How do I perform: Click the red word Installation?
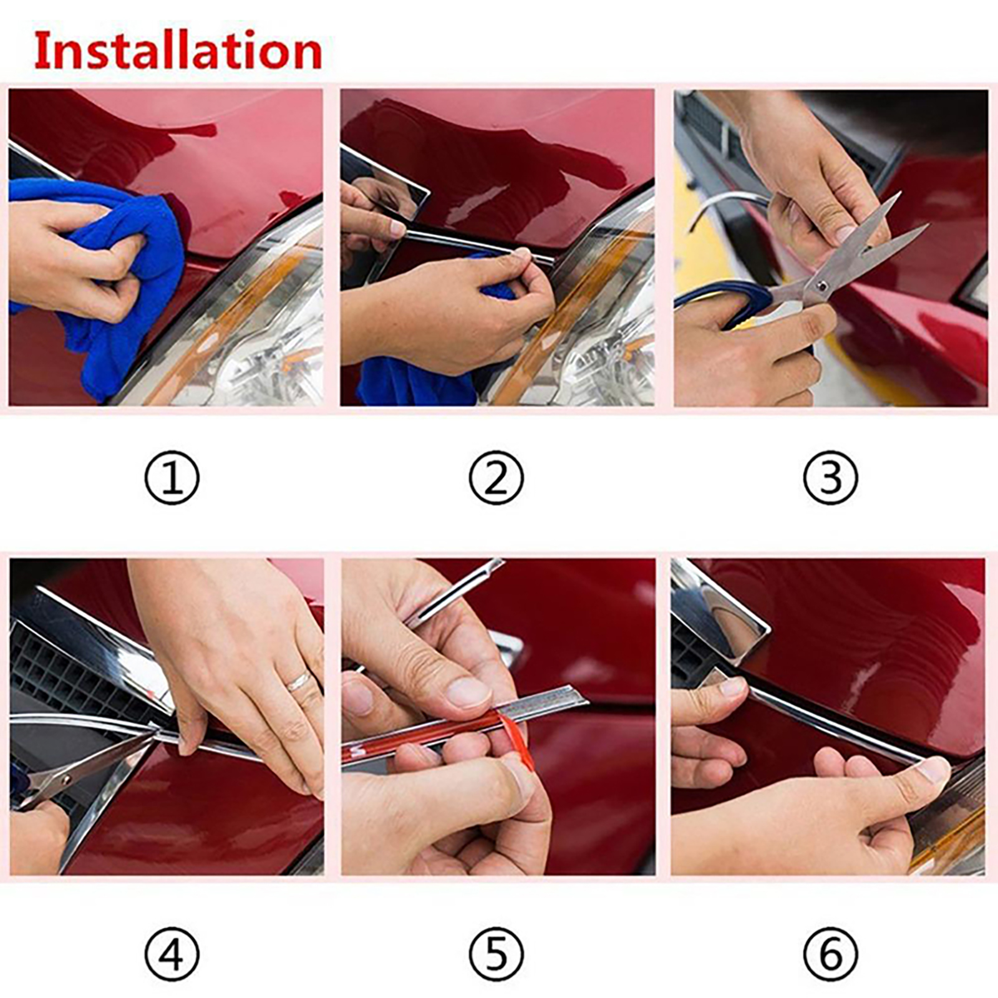click(178, 51)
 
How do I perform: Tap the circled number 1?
click(172, 478)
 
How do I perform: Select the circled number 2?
click(497, 478)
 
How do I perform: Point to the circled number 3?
click(830, 478)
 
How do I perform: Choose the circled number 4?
click(172, 955)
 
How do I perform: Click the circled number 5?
click(497, 955)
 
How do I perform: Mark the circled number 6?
click(830, 955)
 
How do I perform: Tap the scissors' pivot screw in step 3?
click(823, 286)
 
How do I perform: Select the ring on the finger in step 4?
click(299, 681)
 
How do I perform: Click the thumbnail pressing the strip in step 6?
click(933, 768)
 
